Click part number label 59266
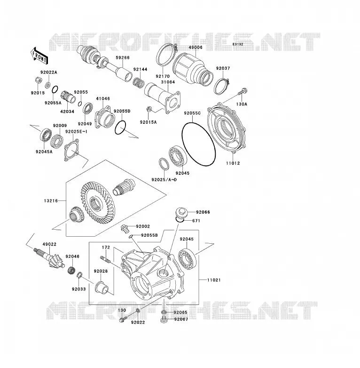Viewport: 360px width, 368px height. coord(122,57)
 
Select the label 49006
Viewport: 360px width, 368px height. coord(196,48)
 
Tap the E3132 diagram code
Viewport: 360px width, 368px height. coord(238,44)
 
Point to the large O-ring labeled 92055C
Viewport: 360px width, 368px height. coord(199,144)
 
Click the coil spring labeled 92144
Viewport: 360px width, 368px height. coord(138,82)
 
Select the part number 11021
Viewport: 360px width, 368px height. coord(214,280)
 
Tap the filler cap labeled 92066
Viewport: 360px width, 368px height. coord(181,213)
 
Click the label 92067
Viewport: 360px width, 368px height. coord(181,319)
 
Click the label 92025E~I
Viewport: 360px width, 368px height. coord(76,132)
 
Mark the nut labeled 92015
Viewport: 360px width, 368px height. coord(38,80)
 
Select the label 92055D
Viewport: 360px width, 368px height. coord(122,111)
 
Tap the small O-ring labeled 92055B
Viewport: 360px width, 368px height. coord(131,236)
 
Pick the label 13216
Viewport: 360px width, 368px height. coord(51,200)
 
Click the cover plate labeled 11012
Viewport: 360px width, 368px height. coord(227,128)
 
